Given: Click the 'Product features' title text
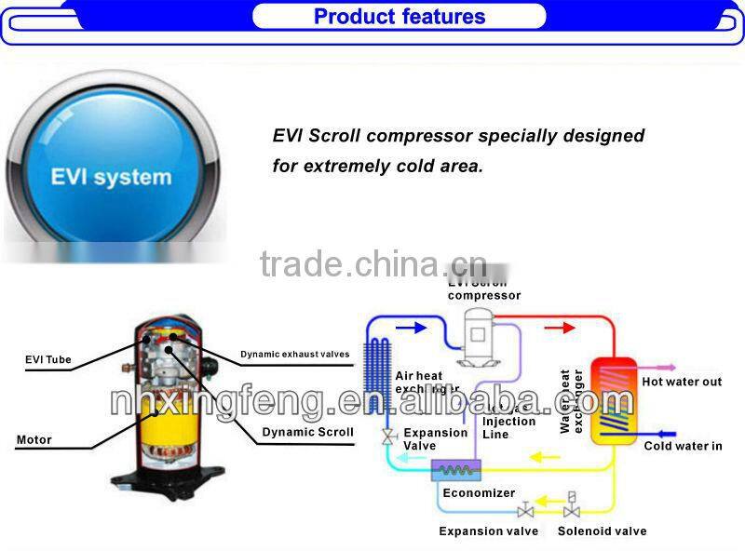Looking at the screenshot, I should coord(400,17).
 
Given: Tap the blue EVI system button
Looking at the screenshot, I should coord(112,174).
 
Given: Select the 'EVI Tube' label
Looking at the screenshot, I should coord(48,359).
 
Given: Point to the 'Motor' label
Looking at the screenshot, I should coord(34,439).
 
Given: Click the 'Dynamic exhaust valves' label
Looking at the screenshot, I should coord(295,354).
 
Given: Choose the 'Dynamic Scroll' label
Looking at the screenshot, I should coord(307,432).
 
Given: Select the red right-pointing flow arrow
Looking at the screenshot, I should coord(560,327).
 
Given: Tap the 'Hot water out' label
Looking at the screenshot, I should coord(682,383).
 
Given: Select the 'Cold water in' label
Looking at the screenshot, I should coord(683,446).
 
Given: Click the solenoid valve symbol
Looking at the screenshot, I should coord(572,508).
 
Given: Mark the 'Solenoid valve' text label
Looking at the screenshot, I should coord(602,531).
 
